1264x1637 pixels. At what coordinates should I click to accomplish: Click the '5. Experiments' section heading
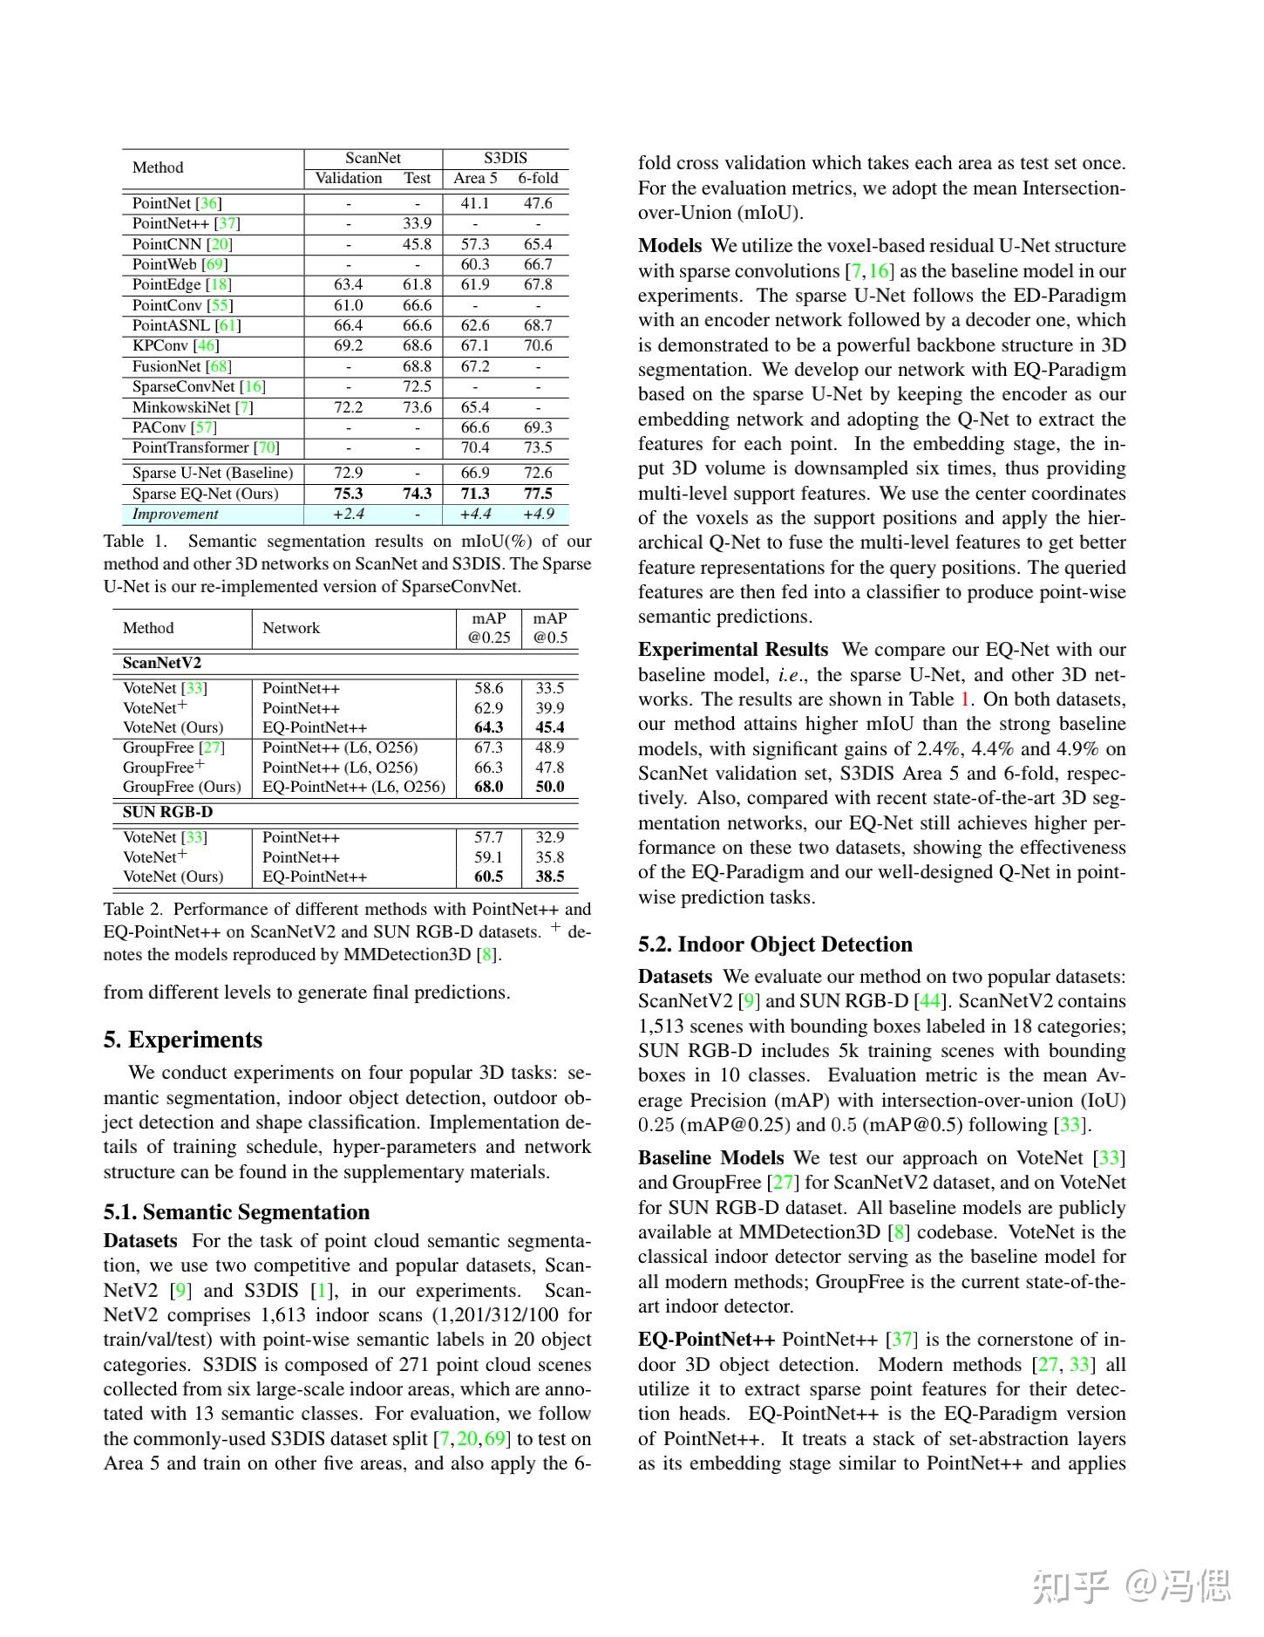coord(182,1040)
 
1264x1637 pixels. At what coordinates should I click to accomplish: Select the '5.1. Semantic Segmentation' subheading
coord(236,1211)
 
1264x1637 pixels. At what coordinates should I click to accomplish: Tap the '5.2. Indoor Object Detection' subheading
coord(775,944)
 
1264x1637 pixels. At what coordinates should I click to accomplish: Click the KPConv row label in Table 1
coord(175,345)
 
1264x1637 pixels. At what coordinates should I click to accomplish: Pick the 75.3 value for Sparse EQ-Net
coord(348,494)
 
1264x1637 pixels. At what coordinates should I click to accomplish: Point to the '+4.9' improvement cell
coord(538,514)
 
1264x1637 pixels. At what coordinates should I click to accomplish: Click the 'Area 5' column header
coord(475,178)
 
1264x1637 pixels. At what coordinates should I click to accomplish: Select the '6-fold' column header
coord(538,178)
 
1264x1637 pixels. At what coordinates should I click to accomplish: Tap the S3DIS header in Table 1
coord(506,158)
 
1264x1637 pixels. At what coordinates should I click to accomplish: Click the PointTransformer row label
coord(206,447)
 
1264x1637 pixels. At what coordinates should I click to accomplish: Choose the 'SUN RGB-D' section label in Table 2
coord(167,811)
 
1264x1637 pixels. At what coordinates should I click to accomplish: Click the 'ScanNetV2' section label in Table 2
coord(162,662)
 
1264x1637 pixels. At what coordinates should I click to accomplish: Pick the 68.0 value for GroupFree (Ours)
coord(488,787)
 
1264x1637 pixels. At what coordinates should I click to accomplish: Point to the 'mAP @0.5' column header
coord(550,628)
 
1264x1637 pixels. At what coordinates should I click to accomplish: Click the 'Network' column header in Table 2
coord(291,628)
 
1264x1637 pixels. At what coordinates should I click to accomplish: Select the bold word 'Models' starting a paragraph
coord(669,245)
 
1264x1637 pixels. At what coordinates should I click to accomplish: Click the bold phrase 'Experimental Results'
coord(732,649)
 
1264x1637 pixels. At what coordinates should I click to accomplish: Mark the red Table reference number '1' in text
coord(965,699)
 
